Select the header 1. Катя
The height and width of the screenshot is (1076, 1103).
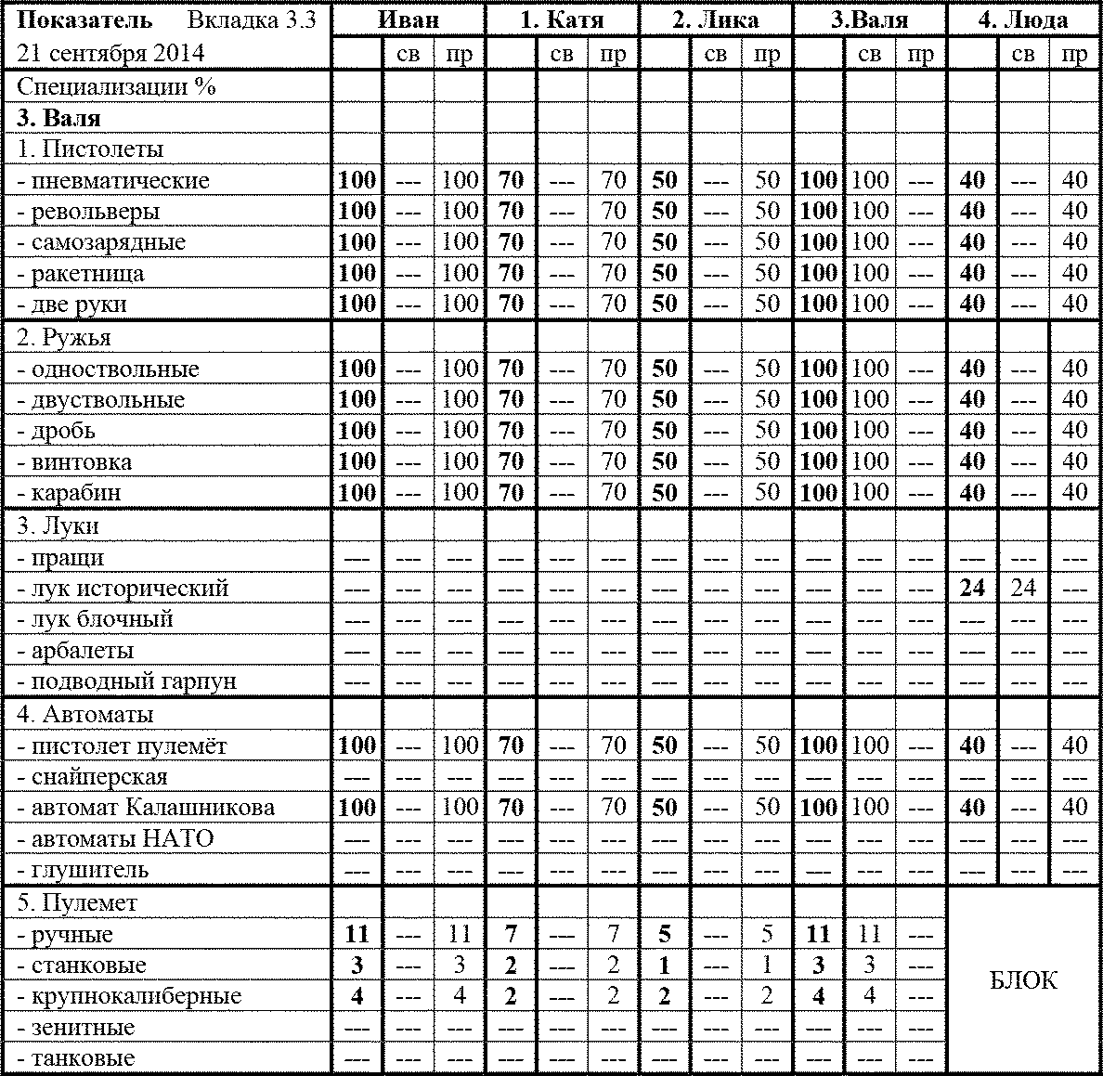click(x=561, y=19)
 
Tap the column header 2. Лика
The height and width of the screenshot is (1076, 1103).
click(x=715, y=19)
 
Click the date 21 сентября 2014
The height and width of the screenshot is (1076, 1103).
click(x=111, y=53)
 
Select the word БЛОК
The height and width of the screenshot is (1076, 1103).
click(x=1023, y=980)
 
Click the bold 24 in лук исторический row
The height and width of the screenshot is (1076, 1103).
click(x=971, y=589)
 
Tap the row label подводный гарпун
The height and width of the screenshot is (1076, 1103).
click(x=126, y=681)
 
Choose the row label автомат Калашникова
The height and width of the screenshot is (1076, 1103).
click(x=146, y=808)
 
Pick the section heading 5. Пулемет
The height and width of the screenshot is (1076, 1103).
click(x=77, y=903)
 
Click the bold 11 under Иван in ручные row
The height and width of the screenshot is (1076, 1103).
click(x=357, y=935)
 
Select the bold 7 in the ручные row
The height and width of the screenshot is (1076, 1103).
click(x=511, y=935)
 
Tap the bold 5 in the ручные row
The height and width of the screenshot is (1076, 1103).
click(x=664, y=935)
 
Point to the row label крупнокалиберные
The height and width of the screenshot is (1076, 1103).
click(x=129, y=996)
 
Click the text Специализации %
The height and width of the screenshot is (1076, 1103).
click(x=116, y=87)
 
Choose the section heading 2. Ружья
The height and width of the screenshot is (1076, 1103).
click(x=65, y=338)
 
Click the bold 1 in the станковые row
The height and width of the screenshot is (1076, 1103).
click(x=664, y=966)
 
